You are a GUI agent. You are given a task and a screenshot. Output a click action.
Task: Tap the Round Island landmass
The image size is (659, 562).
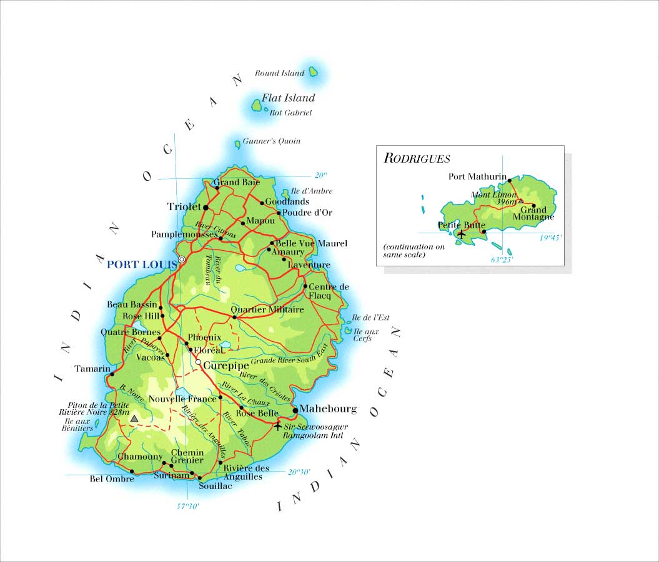click(x=314, y=72)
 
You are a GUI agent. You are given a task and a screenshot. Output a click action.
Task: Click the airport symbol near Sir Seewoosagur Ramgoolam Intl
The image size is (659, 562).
click(x=278, y=426)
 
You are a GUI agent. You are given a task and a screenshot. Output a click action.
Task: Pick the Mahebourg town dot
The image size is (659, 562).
click(x=295, y=410)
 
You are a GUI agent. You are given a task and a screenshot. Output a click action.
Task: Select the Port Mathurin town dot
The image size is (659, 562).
click(x=510, y=180)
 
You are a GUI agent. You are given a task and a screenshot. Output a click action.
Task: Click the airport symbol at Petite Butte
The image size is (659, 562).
click(x=462, y=234)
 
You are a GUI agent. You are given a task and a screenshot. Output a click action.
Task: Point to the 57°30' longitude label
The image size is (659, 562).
click(x=187, y=506)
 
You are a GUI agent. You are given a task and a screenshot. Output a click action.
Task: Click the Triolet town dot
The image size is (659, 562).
click(x=205, y=206)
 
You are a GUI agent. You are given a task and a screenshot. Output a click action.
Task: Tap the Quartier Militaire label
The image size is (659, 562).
click(x=267, y=309)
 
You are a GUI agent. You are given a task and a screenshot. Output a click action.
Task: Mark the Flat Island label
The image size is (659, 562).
click(x=288, y=98)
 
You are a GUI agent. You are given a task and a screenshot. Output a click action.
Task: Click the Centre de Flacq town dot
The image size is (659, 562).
click(x=305, y=287)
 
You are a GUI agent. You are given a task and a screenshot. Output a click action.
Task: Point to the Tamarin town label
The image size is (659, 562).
click(x=92, y=369)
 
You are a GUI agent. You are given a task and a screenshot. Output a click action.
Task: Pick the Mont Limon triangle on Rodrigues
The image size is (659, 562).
click(x=520, y=201)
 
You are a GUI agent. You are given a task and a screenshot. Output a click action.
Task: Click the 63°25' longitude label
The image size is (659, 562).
click(x=501, y=259)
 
